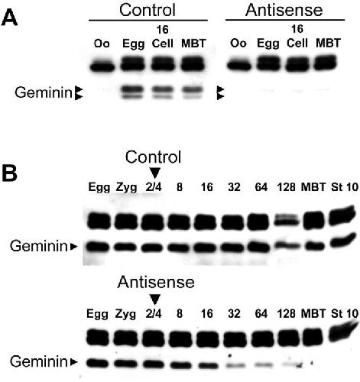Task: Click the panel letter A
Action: pos(9,18)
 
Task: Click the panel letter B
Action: pos(9,173)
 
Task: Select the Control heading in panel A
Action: pos(148,10)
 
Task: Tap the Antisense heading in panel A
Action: pos(284,10)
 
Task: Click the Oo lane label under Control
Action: pos(102,44)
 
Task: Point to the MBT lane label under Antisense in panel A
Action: pos(328,43)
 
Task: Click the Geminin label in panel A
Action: pos(44,92)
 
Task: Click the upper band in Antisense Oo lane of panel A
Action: pos(239,66)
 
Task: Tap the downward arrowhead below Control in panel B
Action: pos(155,173)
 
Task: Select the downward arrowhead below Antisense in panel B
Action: pos(155,299)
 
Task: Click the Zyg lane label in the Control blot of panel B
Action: pos(126,188)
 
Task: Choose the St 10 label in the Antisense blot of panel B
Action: pos(345,313)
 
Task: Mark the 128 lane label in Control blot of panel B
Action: pos(286,187)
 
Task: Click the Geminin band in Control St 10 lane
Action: pos(342,241)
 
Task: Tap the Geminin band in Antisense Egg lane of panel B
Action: pos(98,363)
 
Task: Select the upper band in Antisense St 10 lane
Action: pos(342,331)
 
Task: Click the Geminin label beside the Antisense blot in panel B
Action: pos(39,361)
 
